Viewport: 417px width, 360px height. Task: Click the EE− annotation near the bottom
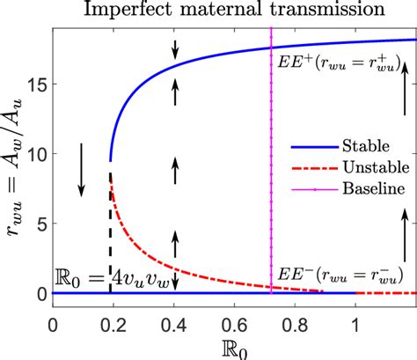pos(338,272)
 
